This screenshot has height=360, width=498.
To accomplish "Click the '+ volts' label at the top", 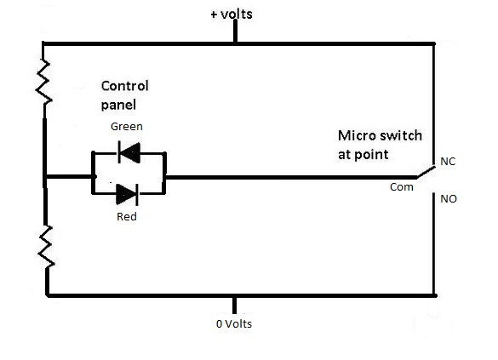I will [232, 14].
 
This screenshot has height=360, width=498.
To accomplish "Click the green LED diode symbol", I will [129, 153].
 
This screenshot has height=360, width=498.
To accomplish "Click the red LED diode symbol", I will [128, 193].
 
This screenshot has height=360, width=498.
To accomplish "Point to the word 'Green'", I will [127, 127].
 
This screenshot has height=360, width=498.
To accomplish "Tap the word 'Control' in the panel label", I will [124, 86].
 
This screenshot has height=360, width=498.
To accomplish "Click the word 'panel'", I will [117, 105].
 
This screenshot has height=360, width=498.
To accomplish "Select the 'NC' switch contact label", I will [449, 160].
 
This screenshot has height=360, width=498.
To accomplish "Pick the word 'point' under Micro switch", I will [372, 155].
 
